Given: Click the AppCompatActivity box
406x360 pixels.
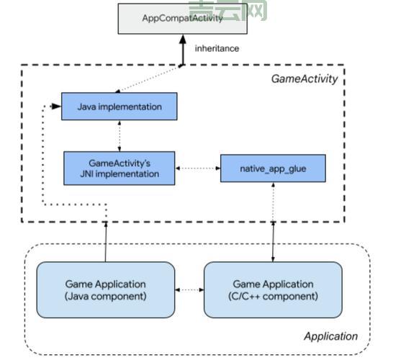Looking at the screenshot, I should click(x=183, y=19).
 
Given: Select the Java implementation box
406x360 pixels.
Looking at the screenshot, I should click(x=119, y=107).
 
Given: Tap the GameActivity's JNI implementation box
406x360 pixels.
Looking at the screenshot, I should click(x=119, y=168).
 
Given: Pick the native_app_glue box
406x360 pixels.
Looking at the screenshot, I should click(x=273, y=168).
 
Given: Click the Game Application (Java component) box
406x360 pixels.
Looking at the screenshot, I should click(x=105, y=289).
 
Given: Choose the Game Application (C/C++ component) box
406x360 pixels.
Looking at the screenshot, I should click(x=273, y=289).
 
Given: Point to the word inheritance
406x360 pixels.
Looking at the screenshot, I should click(x=217, y=48).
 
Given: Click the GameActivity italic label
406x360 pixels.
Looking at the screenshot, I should click(x=304, y=79).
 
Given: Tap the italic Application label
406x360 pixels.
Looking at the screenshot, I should click(x=330, y=336).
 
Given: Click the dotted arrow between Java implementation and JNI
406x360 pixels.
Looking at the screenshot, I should click(x=119, y=136).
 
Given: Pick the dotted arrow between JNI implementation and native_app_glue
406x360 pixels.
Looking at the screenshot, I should click(x=197, y=168).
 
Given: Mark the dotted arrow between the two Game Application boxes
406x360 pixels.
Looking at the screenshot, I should click(x=189, y=290).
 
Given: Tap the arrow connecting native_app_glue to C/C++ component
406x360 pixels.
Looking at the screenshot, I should click(x=273, y=223).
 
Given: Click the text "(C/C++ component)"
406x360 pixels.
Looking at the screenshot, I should click(x=273, y=296).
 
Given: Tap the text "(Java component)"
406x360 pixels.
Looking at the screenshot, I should click(x=105, y=296).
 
